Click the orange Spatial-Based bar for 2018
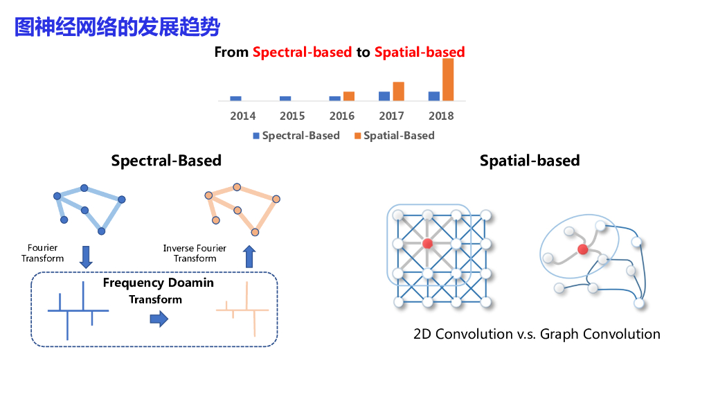pos(448,80)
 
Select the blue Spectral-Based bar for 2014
pos(235,98)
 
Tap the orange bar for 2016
pos(348,96)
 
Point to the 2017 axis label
pos(391,116)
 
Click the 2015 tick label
pos(292,116)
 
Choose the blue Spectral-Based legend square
pos(255,136)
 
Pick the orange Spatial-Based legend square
pos(357,136)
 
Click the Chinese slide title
pos(117,27)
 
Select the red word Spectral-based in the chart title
pos(302,52)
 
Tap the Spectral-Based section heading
pos(166,161)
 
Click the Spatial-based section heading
pos(530,161)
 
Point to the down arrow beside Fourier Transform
pos(86,256)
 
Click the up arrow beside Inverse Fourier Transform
pos(249,256)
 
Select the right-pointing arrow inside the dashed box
pos(159,319)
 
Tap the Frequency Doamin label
pos(159,283)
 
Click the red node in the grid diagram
pos(427,243)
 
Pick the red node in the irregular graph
pos(583,249)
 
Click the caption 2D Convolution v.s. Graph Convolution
pos(537,334)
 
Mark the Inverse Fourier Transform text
pos(195,253)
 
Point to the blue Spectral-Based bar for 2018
pos(434,96)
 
